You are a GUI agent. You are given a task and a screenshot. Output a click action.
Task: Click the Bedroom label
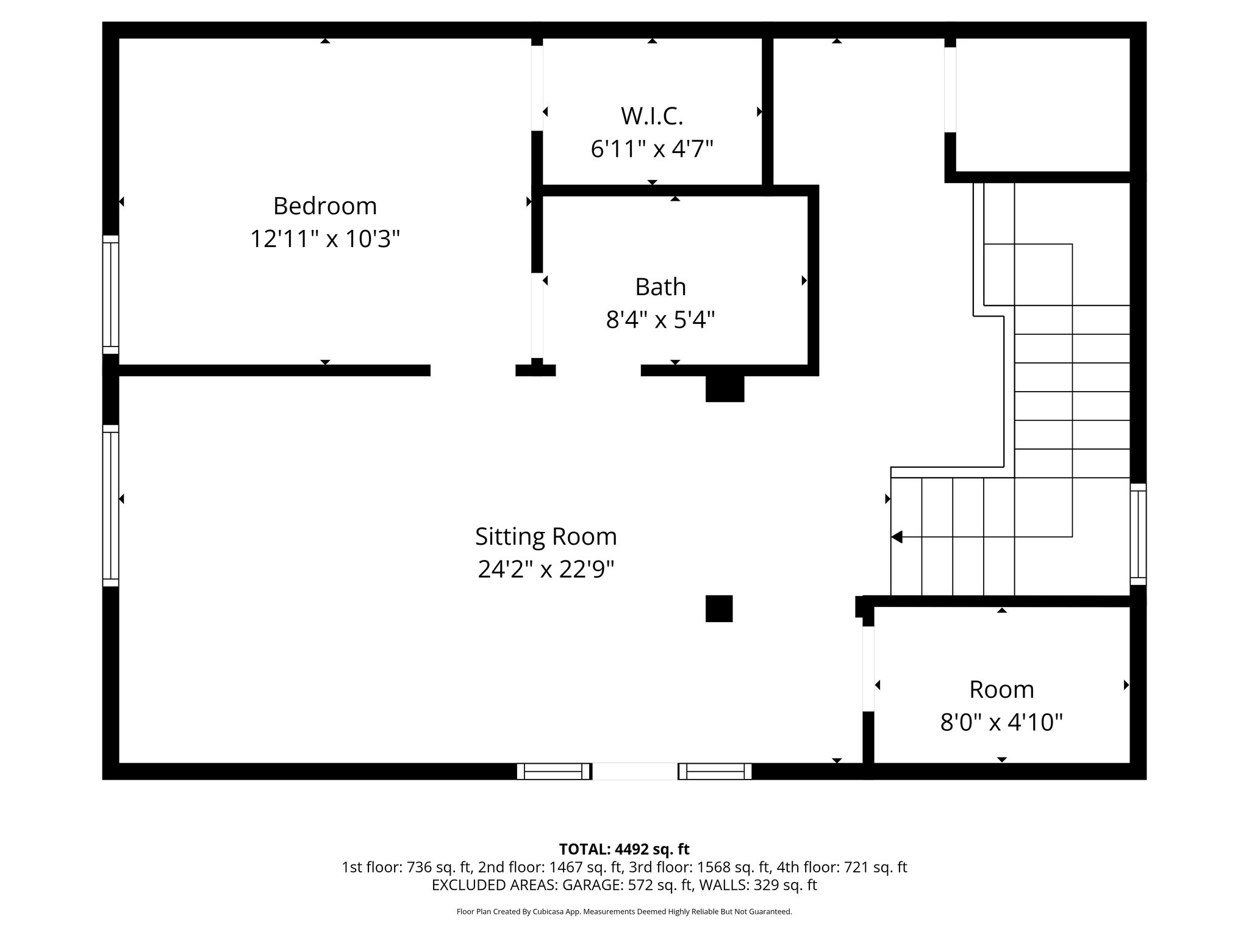[x=324, y=206]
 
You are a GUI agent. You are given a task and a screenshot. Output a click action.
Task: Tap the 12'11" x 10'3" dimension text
[x=324, y=239]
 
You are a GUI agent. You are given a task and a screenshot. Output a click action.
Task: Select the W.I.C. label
[x=652, y=116]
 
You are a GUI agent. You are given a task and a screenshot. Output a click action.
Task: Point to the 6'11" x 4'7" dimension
[x=652, y=148]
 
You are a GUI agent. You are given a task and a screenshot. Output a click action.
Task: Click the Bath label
[x=660, y=287]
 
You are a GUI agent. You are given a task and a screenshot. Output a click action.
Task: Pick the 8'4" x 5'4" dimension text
[x=660, y=319]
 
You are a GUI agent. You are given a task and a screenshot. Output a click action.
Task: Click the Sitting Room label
[x=546, y=537]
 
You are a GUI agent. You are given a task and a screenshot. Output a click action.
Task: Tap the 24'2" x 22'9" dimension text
[x=546, y=569]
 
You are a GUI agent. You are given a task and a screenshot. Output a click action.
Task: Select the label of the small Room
[x=1001, y=690]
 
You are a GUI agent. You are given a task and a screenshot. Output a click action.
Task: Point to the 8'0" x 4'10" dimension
[x=1001, y=723]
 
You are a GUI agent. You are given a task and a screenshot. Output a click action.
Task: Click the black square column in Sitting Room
[x=719, y=608]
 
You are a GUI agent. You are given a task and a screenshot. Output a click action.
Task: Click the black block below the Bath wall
[x=725, y=389]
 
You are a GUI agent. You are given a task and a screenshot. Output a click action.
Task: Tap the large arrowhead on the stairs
[x=896, y=537]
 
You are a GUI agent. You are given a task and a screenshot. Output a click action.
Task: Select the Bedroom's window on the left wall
[x=110, y=295]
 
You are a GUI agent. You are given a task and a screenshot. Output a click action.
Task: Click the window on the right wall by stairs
[x=1138, y=534]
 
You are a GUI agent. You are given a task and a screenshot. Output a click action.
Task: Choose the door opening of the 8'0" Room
[x=868, y=669]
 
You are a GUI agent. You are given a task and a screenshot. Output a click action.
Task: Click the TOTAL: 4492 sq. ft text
[x=624, y=849]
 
